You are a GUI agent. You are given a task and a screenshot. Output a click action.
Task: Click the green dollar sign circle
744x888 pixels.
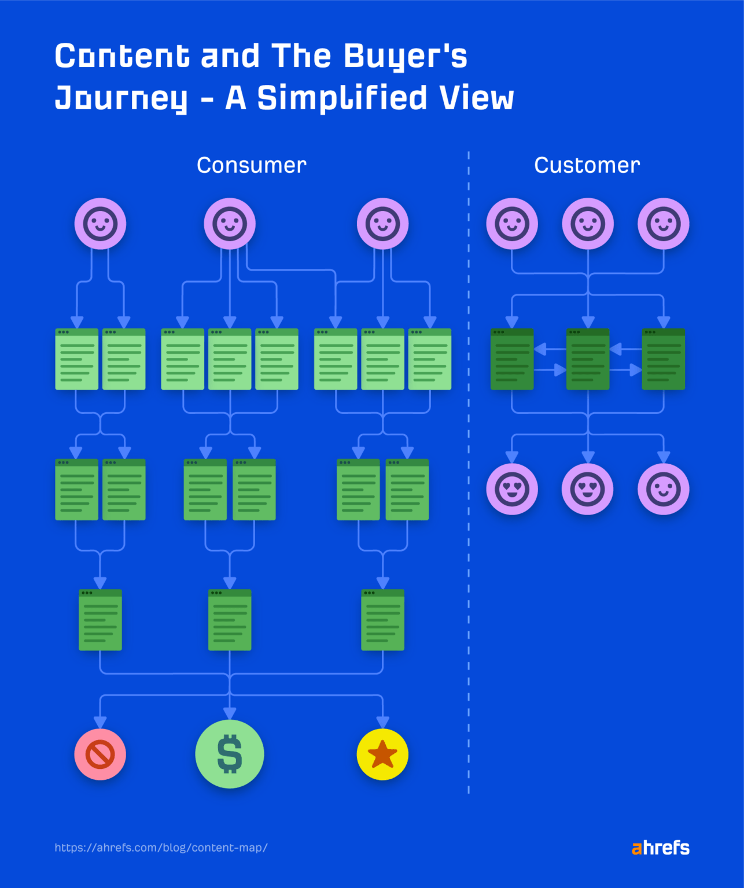230,754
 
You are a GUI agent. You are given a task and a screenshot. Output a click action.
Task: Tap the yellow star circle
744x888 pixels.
382,754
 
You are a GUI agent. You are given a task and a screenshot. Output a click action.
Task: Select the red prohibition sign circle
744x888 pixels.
100,754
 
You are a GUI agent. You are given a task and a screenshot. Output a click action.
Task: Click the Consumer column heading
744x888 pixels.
252,165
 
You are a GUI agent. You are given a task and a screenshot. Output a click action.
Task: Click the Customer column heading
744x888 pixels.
587,165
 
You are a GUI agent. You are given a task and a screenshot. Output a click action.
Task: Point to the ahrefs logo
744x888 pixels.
660,848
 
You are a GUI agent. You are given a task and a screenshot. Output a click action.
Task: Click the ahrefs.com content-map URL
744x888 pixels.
161,848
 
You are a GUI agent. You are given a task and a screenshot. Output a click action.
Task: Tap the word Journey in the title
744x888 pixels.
121,98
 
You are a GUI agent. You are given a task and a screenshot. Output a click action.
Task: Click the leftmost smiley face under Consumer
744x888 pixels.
100,224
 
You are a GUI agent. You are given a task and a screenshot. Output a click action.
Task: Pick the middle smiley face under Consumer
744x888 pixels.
230,224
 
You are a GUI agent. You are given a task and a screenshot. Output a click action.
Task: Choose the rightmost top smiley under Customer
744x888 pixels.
663,224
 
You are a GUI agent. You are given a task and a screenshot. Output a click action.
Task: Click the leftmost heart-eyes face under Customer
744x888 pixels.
512,489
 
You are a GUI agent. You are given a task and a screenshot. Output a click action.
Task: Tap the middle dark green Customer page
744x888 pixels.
588,359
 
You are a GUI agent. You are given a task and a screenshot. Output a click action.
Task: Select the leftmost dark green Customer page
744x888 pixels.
512,359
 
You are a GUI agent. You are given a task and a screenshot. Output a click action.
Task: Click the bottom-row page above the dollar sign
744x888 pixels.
230,620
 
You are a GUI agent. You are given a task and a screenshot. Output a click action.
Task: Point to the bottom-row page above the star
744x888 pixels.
382,620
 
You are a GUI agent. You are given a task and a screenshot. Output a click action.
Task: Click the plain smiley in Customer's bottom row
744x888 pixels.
663,489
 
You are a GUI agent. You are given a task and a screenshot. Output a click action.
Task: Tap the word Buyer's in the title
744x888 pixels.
405,57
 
